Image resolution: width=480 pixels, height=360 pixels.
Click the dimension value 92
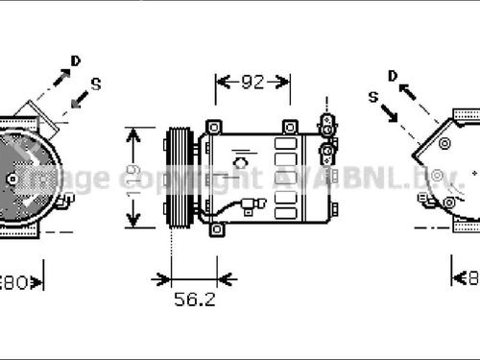(252, 83)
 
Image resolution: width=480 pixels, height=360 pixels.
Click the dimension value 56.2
(194, 300)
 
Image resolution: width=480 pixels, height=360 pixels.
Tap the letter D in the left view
(76, 61)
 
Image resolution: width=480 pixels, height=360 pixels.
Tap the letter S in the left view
(95, 84)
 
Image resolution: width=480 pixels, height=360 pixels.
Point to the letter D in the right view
(393, 75)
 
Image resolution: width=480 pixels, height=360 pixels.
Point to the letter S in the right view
(373, 97)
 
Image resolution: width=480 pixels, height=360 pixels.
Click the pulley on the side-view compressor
(178, 179)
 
